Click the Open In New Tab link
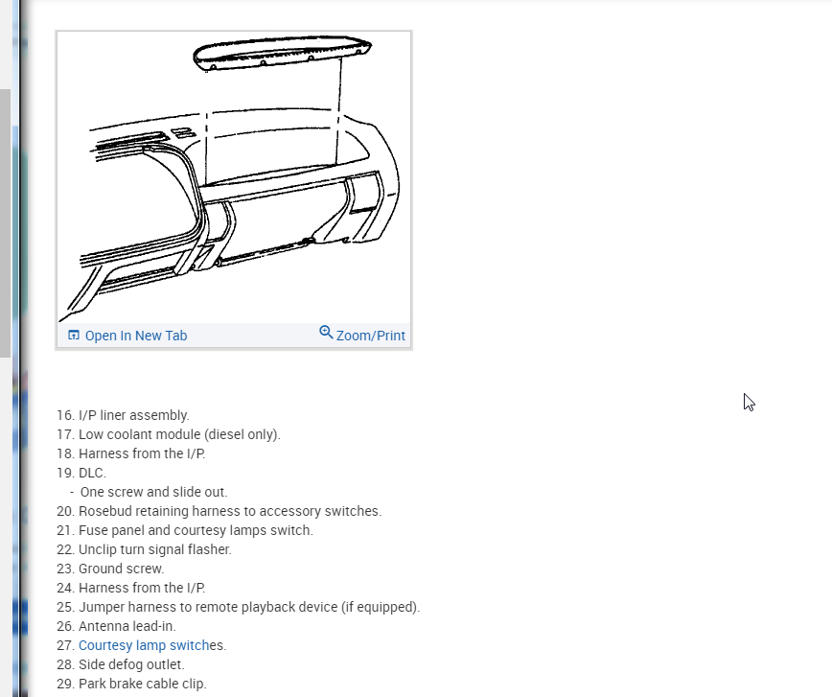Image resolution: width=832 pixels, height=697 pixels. (x=135, y=336)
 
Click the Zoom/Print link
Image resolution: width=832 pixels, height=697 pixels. (x=370, y=336)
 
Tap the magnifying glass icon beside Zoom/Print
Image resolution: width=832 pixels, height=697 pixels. (x=326, y=333)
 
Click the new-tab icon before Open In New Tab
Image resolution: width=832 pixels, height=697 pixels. (x=74, y=336)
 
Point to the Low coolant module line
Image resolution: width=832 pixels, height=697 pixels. (x=179, y=434)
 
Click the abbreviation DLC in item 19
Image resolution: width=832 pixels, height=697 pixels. (x=92, y=473)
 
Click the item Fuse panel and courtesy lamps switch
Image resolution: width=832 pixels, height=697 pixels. (x=196, y=530)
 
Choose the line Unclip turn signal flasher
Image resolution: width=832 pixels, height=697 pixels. (x=154, y=549)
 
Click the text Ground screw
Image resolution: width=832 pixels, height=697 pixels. (x=121, y=569)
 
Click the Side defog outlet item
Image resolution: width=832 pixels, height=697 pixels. (x=131, y=664)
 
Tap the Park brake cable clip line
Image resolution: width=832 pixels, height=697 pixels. (x=142, y=684)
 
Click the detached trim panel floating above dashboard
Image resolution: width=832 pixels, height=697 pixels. (x=282, y=52)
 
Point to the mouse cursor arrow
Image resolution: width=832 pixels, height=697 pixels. (x=749, y=402)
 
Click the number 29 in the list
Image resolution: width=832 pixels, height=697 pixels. (x=64, y=684)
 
